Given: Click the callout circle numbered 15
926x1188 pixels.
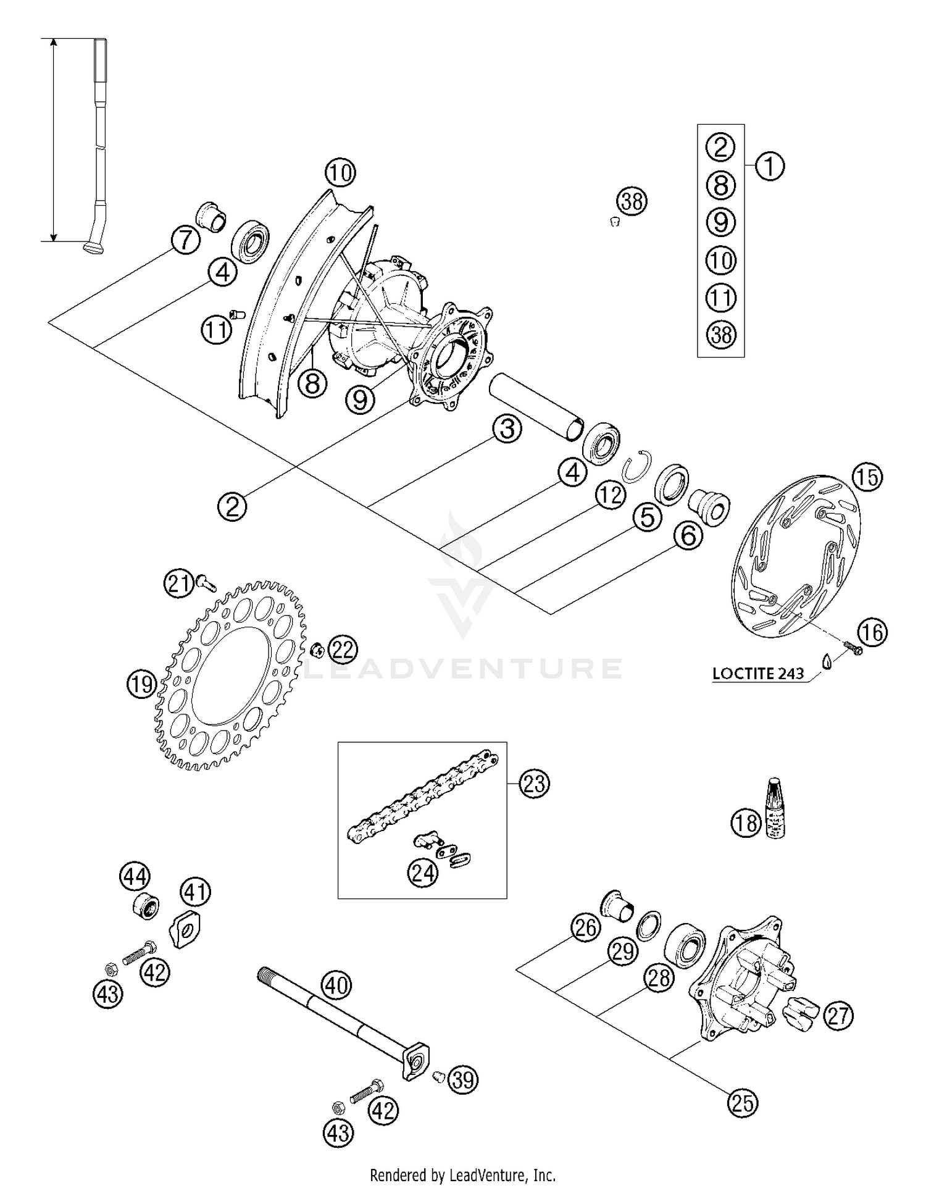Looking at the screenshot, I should [x=867, y=479].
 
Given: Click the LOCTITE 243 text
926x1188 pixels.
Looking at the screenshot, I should [x=758, y=673].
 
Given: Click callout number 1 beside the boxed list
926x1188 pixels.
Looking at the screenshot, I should [x=769, y=166].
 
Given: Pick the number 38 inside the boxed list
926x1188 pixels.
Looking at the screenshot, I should [x=720, y=335].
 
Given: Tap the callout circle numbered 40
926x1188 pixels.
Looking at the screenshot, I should [x=336, y=985].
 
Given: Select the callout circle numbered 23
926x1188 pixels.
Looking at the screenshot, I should [x=534, y=784].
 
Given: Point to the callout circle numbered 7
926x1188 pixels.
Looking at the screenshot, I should [x=186, y=240].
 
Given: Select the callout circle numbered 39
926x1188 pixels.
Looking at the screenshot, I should [x=463, y=1079].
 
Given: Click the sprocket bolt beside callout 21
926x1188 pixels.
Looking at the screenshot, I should [x=206, y=580].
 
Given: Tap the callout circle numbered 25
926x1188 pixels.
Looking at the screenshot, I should [x=743, y=1103].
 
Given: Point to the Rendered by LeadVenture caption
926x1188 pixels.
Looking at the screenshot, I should [x=463, y=1175].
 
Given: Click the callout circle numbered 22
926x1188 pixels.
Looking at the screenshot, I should [x=343, y=649].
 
